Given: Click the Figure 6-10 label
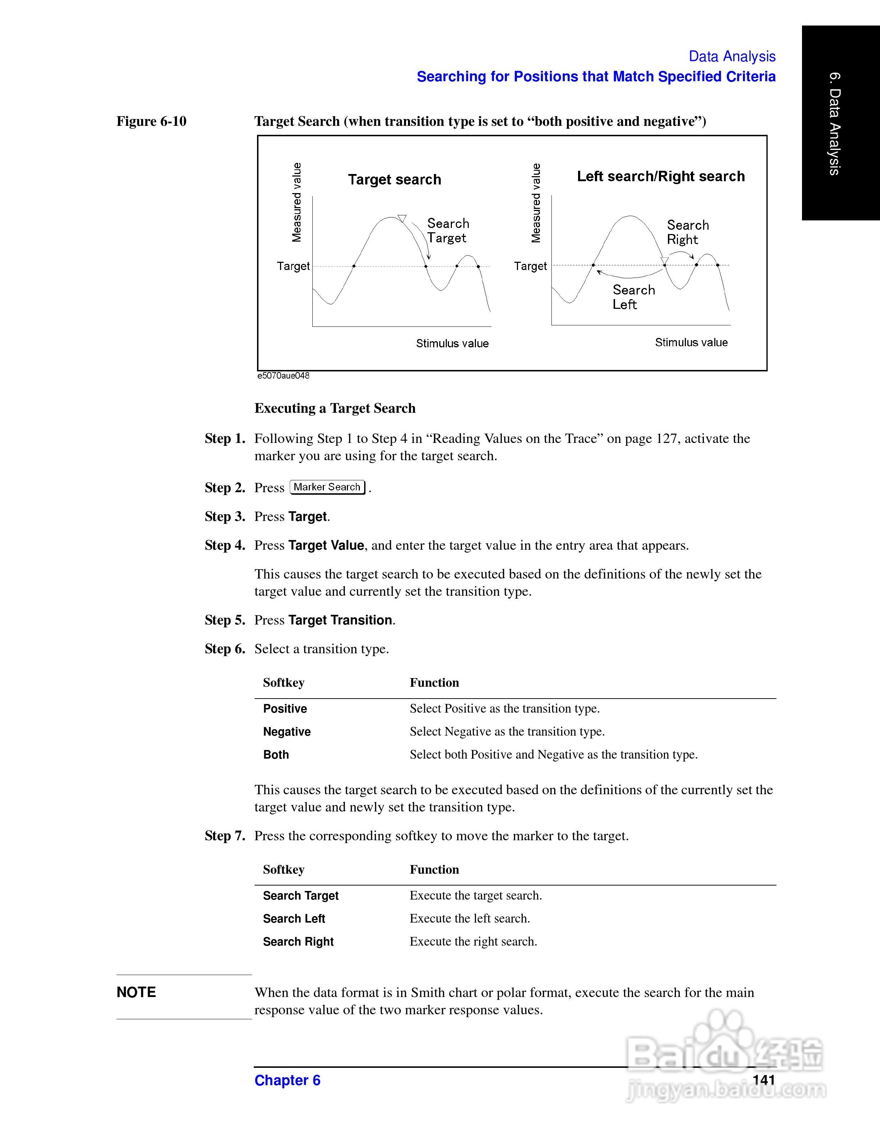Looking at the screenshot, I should click(x=151, y=122).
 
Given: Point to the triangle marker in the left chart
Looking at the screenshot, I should click(x=402, y=218).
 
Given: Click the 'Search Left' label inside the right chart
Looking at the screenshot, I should click(x=633, y=297).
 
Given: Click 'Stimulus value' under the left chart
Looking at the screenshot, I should click(x=452, y=344).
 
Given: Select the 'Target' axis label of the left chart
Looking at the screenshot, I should click(x=293, y=266).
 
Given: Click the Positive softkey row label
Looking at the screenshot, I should click(x=285, y=709).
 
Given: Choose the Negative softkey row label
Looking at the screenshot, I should click(x=287, y=732).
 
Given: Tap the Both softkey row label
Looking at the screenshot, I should click(x=276, y=755).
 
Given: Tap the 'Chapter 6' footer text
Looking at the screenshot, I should click(x=287, y=1081).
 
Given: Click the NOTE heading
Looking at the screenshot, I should click(x=136, y=992).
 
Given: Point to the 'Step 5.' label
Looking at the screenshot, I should click(x=225, y=620).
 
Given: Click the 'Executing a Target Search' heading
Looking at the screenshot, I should click(x=335, y=408).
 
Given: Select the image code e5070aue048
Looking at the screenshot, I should click(x=283, y=376).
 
